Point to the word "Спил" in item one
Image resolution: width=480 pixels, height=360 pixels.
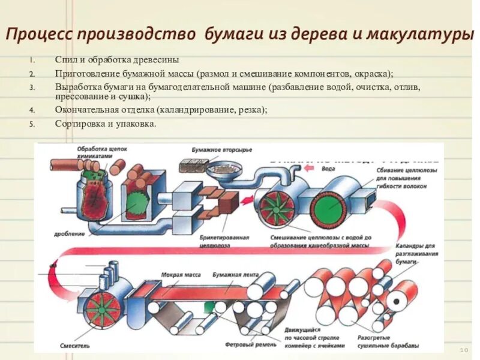65,61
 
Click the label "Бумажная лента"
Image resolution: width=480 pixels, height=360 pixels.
234,275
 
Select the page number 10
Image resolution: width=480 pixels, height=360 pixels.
463,349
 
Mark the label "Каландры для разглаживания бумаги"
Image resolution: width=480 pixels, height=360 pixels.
416,254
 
